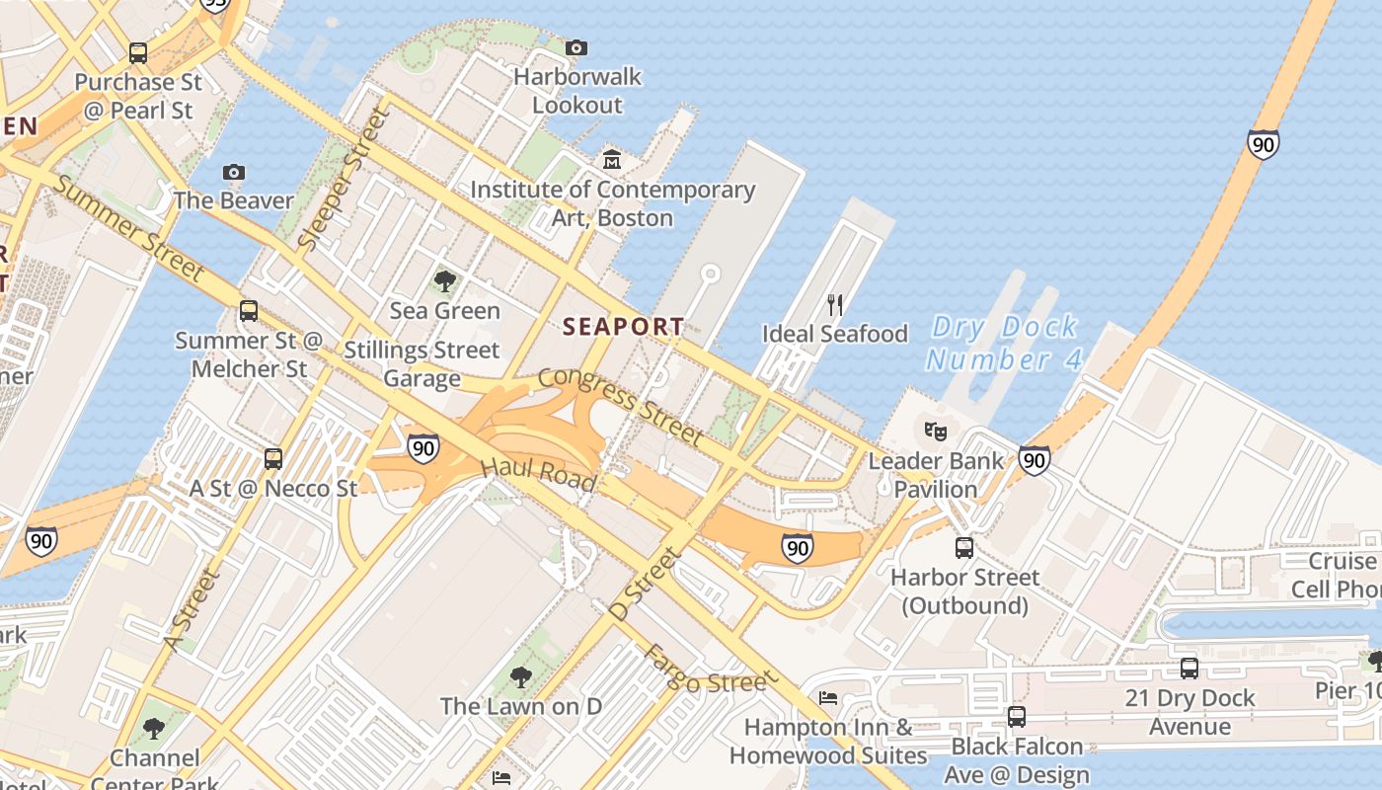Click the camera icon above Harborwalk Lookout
coord(576,47)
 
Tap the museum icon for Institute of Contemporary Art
coord(612,159)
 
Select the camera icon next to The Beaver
coord(234,172)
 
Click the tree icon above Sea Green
coord(445,281)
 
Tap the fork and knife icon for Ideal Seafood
coord(835,304)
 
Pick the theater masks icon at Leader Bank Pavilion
coord(935,431)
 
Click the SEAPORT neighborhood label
coord(623,326)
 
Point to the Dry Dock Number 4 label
coord(1004,343)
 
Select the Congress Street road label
coord(621,405)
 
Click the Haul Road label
coord(539,474)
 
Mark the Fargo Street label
coord(705,670)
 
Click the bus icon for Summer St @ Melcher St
coord(249,311)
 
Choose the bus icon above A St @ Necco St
coord(273,458)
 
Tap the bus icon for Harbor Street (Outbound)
coord(964,547)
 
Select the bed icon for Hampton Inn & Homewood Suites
coord(828,698)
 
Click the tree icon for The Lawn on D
coord(520,677)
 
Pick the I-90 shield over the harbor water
coord(1263,144)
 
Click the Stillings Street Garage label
coord(422,364)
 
